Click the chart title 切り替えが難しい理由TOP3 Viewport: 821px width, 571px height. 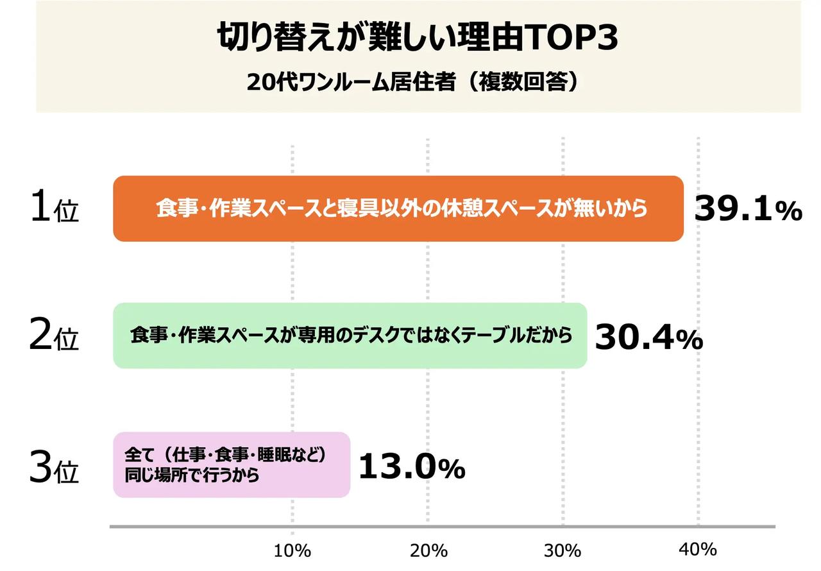click(418, 38)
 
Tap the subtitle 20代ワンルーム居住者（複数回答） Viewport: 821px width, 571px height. click(418, 83)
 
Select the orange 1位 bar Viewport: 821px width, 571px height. click(398, 209)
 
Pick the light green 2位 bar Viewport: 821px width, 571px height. click(350, 336)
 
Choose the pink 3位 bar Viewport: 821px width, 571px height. click(232, 464)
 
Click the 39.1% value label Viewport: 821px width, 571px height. click(748, 210)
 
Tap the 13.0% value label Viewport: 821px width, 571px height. click(411, 467)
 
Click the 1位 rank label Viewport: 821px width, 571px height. click(54, 210)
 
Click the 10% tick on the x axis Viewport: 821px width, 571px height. click(293, 550)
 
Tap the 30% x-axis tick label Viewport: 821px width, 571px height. click(563, 550)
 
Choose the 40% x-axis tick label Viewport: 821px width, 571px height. click(698, 549)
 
